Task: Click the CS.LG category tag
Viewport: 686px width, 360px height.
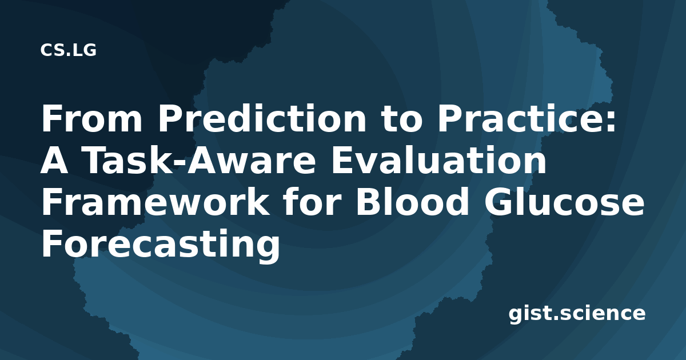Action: click(x=68, y=50)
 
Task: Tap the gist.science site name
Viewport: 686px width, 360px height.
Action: click(x=577, y=314)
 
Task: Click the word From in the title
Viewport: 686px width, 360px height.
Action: click(x=92, y=118)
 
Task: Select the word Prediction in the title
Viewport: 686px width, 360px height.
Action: click(x=262, y=118)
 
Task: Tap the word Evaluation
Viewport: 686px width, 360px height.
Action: click(x=438, y=161)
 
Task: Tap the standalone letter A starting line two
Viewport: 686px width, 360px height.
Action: click(x=54, y=160)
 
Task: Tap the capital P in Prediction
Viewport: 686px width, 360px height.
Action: click(x=169, y=118)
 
